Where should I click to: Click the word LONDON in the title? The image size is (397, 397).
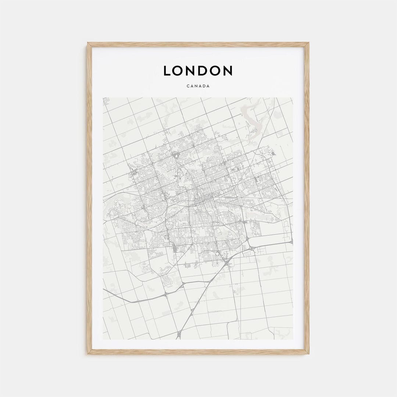pyautogui.click(x=198, y=71)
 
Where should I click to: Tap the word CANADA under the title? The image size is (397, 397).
pyautogui.click(x=198, y=86)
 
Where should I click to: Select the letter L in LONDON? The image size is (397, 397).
pyautogui.click(x=167, y=71)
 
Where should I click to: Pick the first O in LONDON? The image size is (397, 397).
pyautogui.click(x=179, y=71)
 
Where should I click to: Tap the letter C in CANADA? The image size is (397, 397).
pyautogui.click(x=188, y=86)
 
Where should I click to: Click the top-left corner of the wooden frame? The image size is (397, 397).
pyautogui.click(x=88, y=43)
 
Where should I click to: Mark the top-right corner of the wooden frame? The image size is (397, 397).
pyautogui.click(x=308, y=43)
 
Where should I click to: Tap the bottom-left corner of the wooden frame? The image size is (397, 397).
pyautogui.click(x=88, y=354)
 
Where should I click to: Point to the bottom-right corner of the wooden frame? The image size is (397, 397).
pyautogui.click(x=308, y=354)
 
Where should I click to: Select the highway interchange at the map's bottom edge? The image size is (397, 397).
pyautogui.click(x=179, y=335)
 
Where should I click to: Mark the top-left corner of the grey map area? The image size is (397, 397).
pyautogui.click(x=103, y=98)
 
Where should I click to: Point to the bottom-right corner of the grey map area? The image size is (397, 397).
pyautogui.click(x=293, y=339)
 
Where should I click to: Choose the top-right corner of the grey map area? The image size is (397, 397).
pyautogui.click(x=293, y=98)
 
